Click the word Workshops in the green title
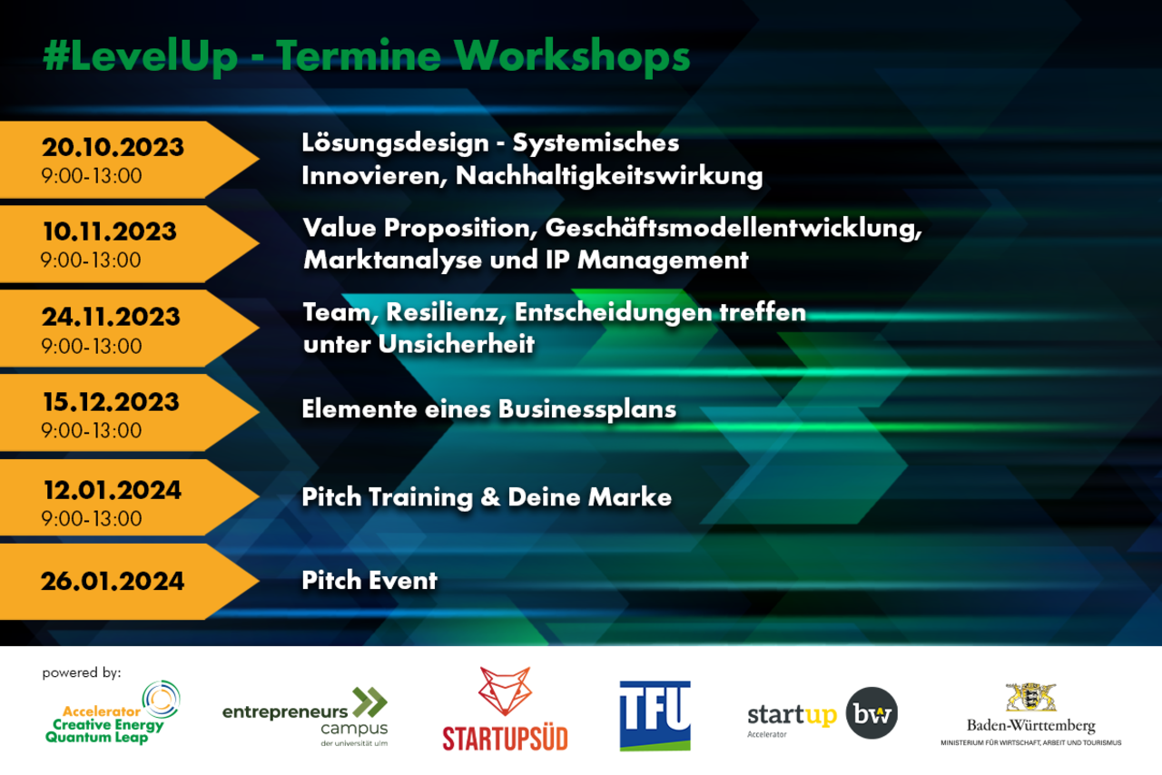(x=572, y=56)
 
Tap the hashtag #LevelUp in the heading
(x=140, y=56)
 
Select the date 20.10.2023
(x=113, y=147)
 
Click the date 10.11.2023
(x=110, y=231)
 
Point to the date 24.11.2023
(x=111, y=317)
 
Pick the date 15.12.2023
(x=111, y=402)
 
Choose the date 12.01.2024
(x=113, y=490)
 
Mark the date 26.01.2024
(x=113, y=581)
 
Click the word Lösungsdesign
(x=395, y=143)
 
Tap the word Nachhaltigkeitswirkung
(x=609, y=176)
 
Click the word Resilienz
(x=446, y=313)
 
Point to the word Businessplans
(x=587, y=410)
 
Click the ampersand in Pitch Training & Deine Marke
(x=490, y=497)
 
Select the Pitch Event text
(x=369, y=581)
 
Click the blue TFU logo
(x=655, y=715)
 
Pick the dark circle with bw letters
(x=871, y=712)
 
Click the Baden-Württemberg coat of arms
(x=1030, y=697)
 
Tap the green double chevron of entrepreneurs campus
(x=369, y=702)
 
